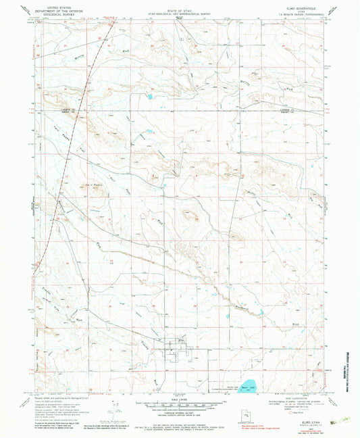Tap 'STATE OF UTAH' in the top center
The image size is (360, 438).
click(180, 6)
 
